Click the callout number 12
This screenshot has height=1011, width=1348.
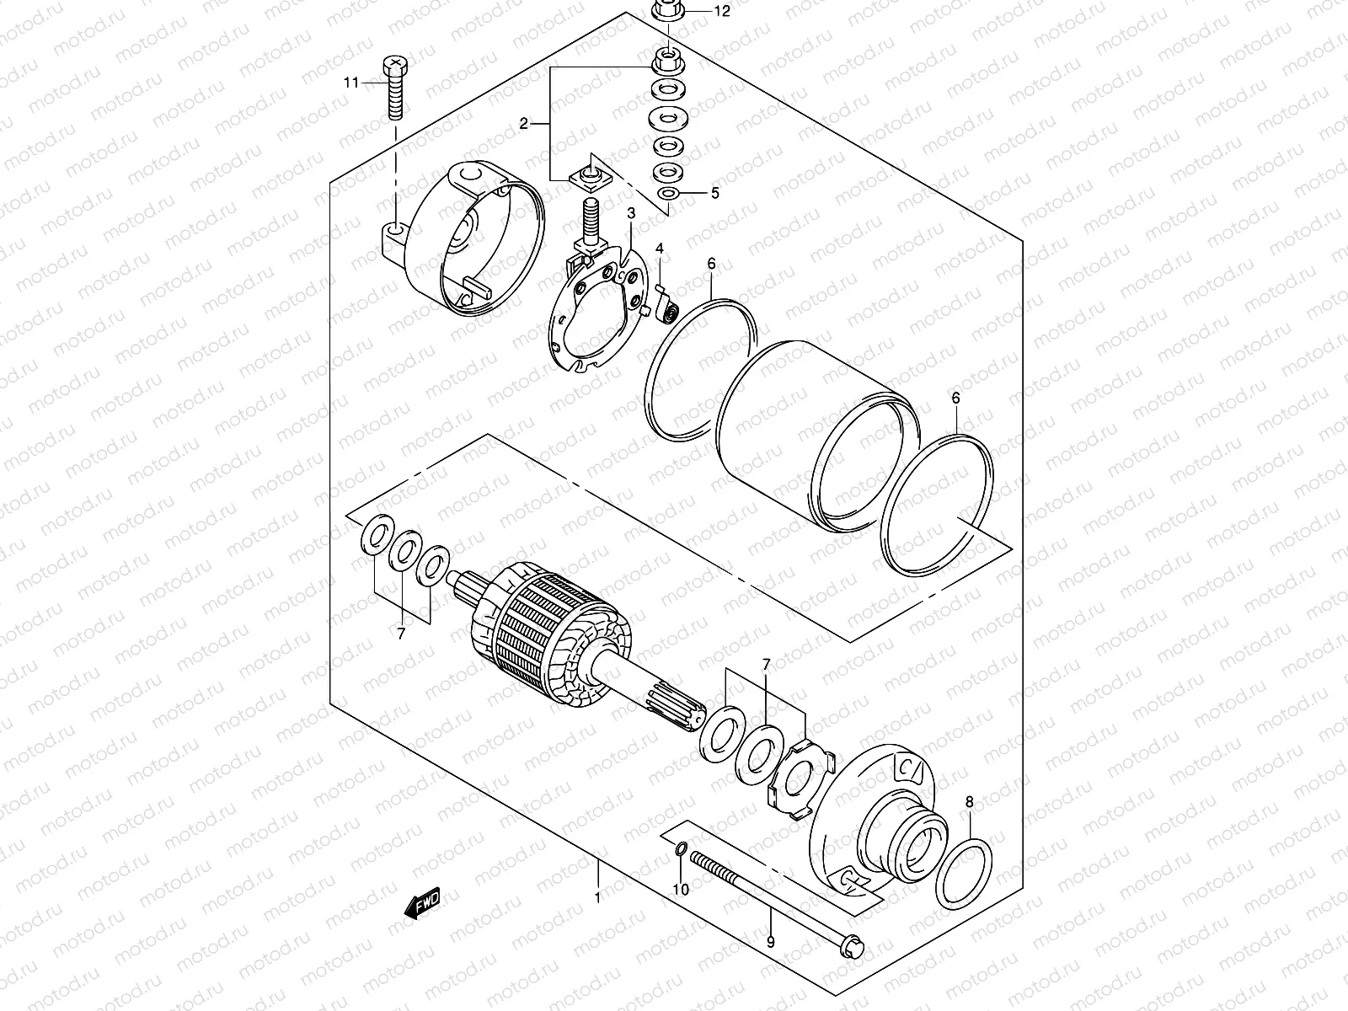click(x=723, y=12)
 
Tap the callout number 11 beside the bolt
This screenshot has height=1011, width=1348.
click(x=350, y=83)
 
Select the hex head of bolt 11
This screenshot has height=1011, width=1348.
click(x=395, y=64)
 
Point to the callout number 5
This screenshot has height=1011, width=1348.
click(x=714, y=194)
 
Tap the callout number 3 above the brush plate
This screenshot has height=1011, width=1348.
click(x=630, y=214)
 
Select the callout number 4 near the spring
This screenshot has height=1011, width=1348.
click(x=661, y=249)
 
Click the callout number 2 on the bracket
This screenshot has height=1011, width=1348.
click(x=524, y=124)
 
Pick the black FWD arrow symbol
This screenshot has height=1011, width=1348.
click(x=422, y=903)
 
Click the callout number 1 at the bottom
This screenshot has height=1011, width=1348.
click(x=597, y=898)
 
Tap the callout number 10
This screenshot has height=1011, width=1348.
click(x=681, y=890)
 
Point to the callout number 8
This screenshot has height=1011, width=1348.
click(x=969, y=803)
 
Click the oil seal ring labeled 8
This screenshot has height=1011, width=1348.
click(x=964, y=873)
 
